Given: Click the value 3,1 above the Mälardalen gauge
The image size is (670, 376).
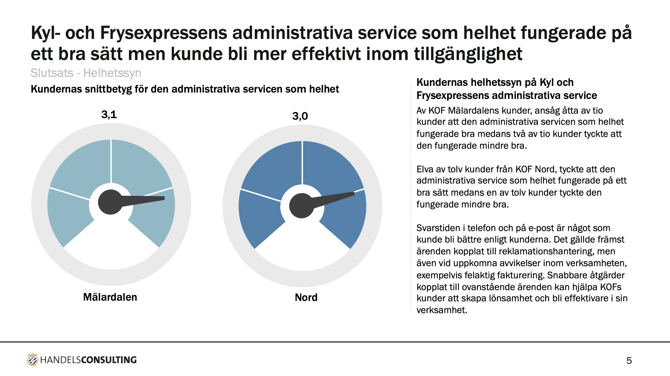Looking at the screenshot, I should tap(109, 114).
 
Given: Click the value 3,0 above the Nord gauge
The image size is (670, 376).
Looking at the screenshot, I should tap(300, 116).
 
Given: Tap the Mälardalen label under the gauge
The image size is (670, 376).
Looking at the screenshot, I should tap(110, 297).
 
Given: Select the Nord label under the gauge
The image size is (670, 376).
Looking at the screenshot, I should tap(306, 297).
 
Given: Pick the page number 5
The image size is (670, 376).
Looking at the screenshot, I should tap(629, 361).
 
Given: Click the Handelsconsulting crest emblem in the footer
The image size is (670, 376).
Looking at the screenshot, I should tap(32, 360).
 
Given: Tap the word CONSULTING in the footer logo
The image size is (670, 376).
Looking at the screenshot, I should tap(109, 360).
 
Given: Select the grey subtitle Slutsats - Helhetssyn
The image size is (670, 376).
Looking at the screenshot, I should tap(86, 73).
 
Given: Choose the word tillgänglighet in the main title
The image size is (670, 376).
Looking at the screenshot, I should tap(468, 54).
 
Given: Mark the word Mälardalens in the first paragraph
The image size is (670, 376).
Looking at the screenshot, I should tap(474, 111).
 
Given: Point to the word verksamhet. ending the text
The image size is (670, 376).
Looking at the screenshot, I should tap(442, 310).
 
